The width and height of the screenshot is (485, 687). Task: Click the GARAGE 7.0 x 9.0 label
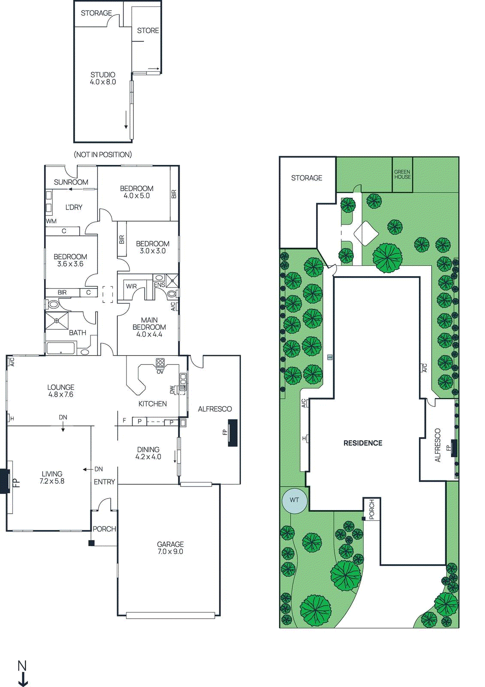point(170,548)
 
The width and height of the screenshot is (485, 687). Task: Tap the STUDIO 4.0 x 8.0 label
point(103,78)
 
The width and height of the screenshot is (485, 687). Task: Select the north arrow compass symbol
point(22,674)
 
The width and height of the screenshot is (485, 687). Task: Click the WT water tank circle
point(295,500)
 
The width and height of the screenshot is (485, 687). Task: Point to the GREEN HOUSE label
point(402,174)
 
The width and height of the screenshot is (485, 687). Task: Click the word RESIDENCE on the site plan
point(363,443)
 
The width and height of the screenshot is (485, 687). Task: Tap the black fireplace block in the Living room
point(5,481)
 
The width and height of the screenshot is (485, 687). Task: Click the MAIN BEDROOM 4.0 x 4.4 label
point(149,327)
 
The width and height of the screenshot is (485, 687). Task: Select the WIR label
point(131,286)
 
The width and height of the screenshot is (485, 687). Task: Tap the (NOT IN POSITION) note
point(103,155)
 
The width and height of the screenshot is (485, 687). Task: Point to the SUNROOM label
point(71,182)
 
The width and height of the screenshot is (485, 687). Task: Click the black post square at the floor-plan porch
point(91,543)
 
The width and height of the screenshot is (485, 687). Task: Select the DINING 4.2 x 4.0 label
point(148,453)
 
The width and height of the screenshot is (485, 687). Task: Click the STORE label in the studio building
point(148,30)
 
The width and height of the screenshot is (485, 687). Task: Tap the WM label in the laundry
point(51,221)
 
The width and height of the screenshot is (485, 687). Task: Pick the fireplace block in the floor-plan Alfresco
point(232,433)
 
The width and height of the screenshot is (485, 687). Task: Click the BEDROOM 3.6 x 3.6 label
point(70,260)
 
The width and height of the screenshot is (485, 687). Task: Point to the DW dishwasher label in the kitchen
point(172,389)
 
